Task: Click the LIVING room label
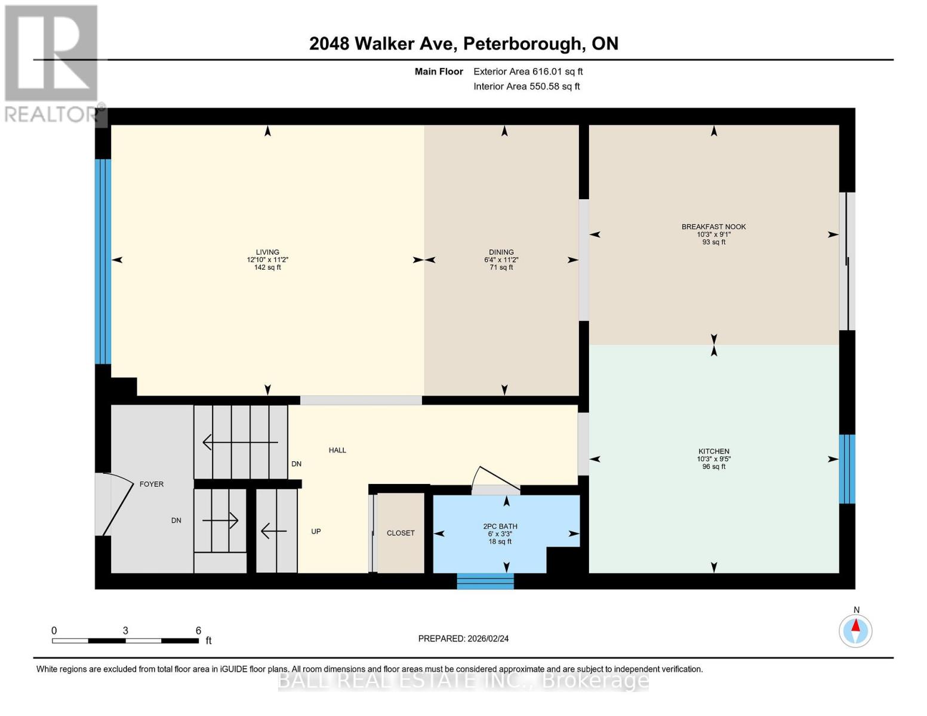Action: click(267, 252)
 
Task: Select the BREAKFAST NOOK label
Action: click(713, 227)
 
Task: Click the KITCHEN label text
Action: click(714, 452)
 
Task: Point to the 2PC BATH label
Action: click(500, 526)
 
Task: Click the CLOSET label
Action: click(401, 533)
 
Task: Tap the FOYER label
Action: click(152, 484)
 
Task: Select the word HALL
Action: click(337, 450)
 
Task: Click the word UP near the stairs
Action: click(316, 531)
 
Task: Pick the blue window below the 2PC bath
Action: click(485, 581)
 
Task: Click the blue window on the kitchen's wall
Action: click(847, 469)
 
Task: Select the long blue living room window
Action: click(103, 261)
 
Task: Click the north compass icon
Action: click(855, 630)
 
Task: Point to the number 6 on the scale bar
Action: click(198, 630)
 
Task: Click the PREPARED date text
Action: click(463, 638)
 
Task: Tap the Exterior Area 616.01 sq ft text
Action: click(528, 72)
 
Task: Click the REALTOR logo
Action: click(53, 63)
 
